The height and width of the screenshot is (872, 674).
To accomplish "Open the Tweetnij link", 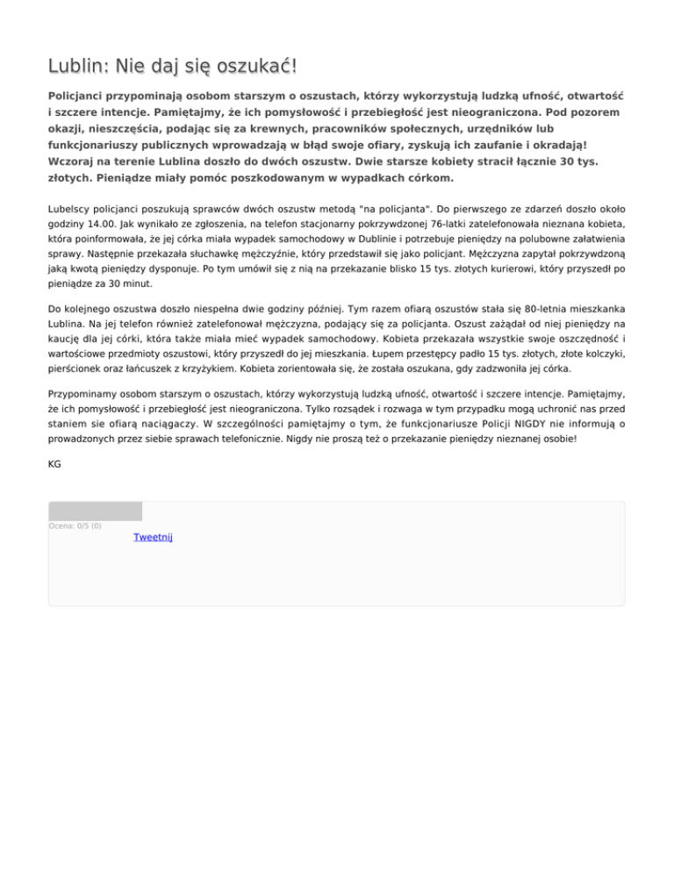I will pos(153,537).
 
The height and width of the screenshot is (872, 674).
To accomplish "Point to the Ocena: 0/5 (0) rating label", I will pos(75,526).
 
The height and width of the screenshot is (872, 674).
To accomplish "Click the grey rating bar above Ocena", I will pos(95,511).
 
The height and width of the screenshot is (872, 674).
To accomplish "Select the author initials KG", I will pos(54,464).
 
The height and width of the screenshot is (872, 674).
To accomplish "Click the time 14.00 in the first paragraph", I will pos(90,225).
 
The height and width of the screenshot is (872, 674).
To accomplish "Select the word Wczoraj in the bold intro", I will pos(74,162).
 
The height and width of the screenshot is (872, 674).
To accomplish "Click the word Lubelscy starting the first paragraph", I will pos(72,210).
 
